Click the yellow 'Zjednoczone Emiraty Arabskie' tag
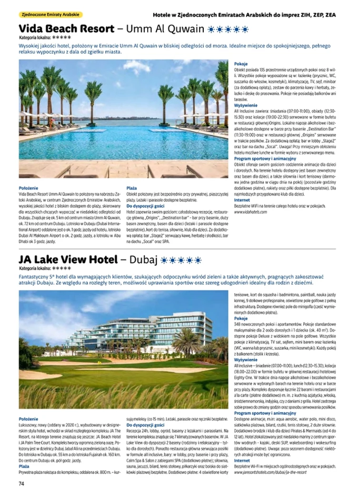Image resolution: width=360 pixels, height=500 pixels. click(50, 15)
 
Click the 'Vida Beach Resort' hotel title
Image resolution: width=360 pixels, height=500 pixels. click(66, 29)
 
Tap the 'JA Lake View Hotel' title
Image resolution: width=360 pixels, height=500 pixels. click(68, 260)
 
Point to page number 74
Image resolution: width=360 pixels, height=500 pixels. click(21, 484)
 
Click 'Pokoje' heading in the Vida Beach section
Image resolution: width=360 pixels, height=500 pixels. click(240, 63)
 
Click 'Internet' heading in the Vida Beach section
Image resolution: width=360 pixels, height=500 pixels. click(241, 200)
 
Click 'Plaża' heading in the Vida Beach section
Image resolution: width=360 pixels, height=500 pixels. click(131, 188)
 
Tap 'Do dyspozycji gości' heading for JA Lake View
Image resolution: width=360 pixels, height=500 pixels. click(145, 424)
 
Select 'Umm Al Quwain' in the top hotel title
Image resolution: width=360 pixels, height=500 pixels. click(172, 29)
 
